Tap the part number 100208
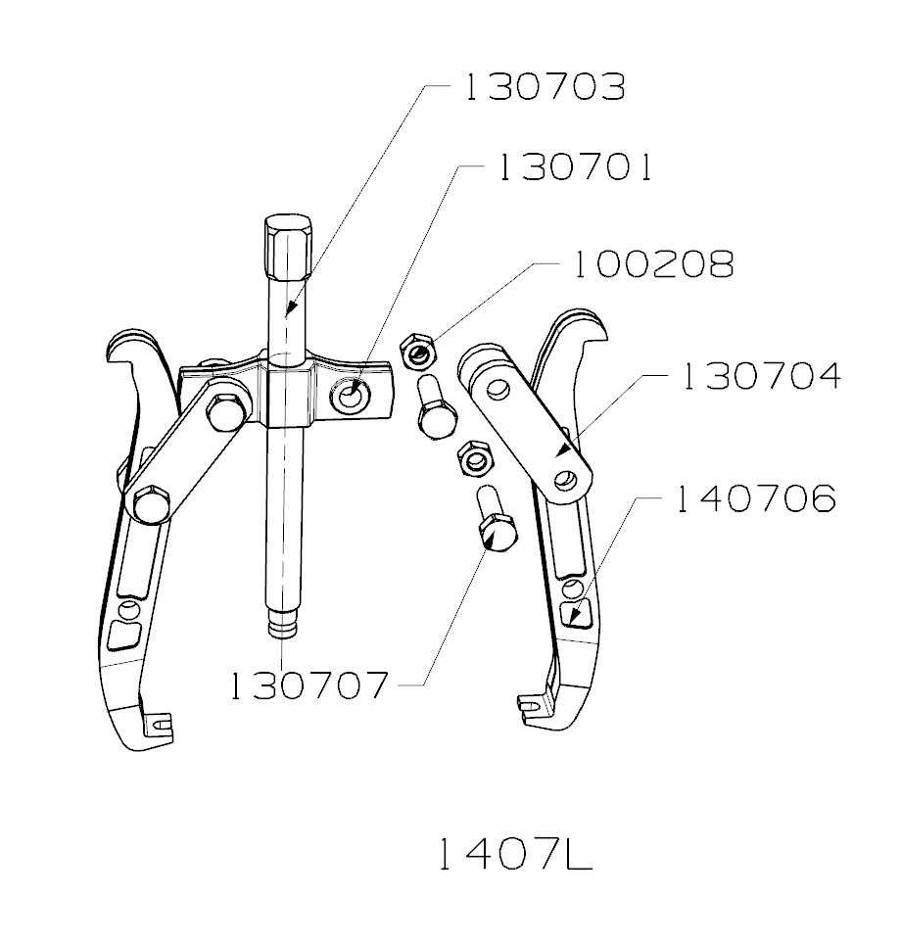pos(653,265)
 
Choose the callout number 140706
pos(754,499)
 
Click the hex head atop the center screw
pos(286,239)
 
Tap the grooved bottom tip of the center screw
pos(282,624)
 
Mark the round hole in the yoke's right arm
pos(351,398)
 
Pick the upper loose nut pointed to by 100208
pos(420,349)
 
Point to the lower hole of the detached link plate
pos(565,481)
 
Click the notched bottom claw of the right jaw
pos(534,702)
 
